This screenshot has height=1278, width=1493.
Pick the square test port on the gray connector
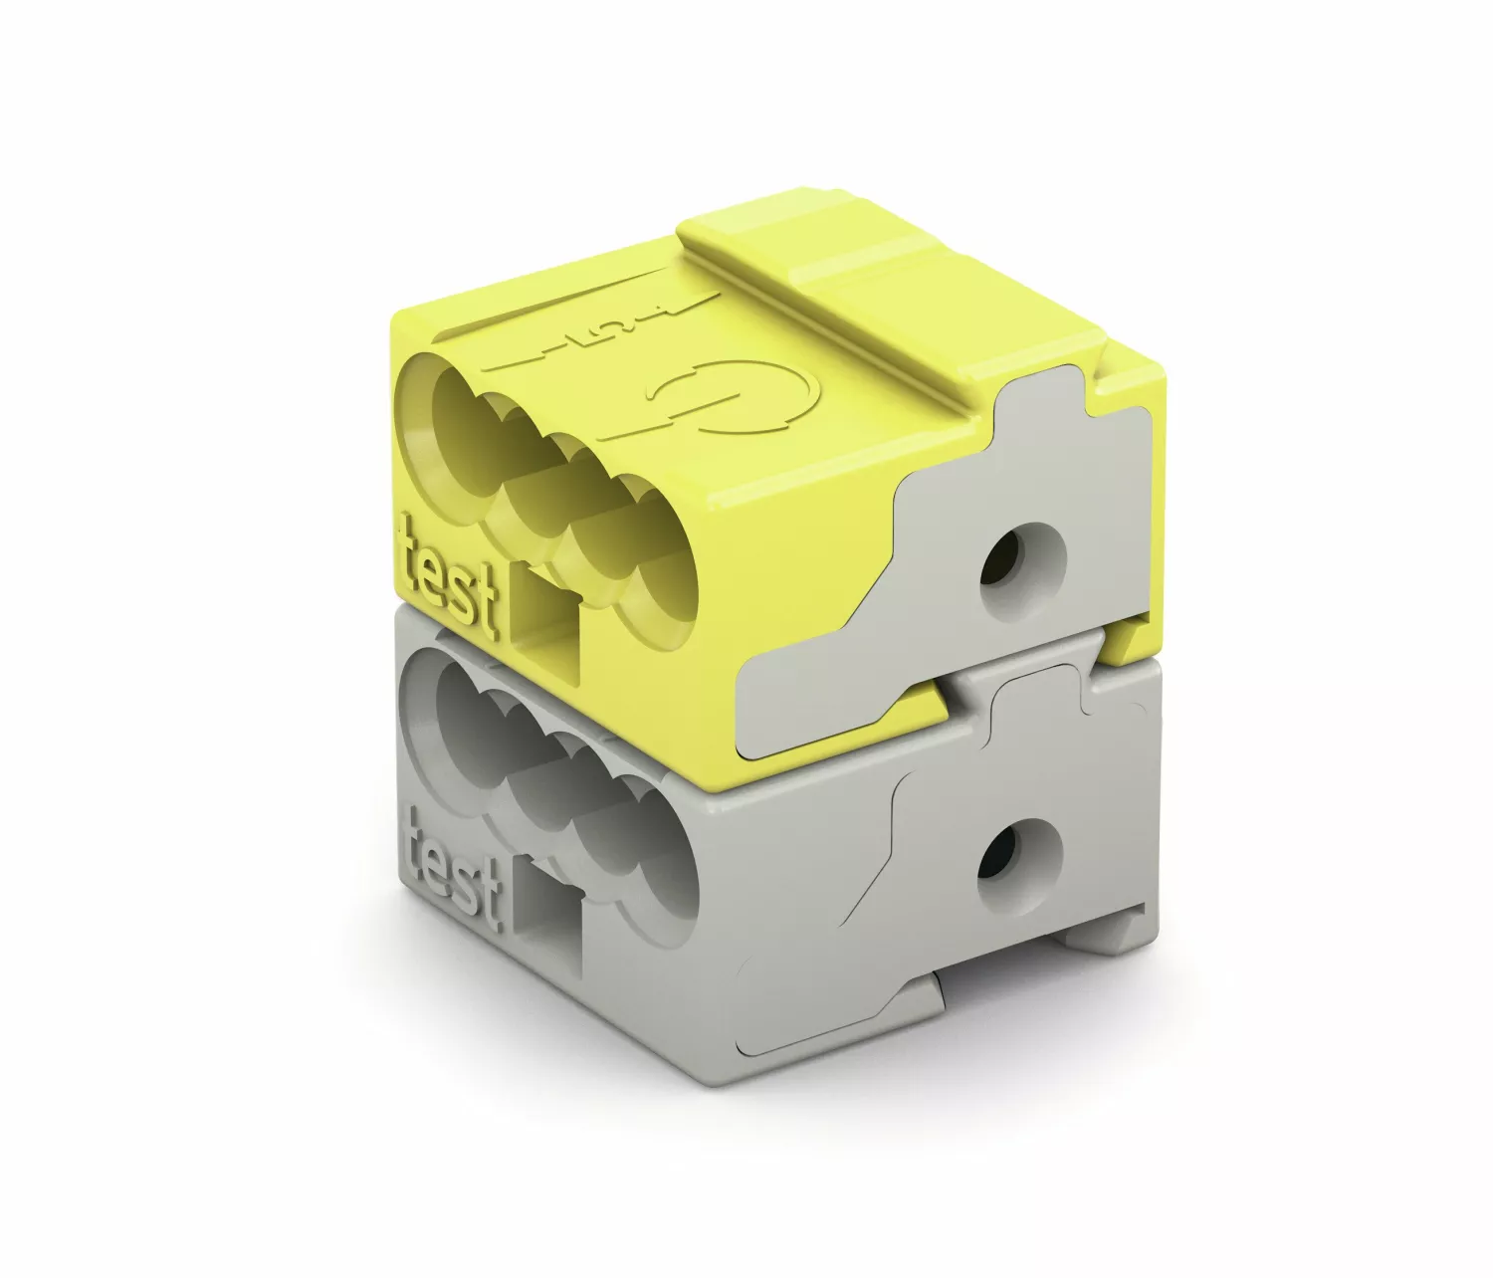point(550,914)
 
